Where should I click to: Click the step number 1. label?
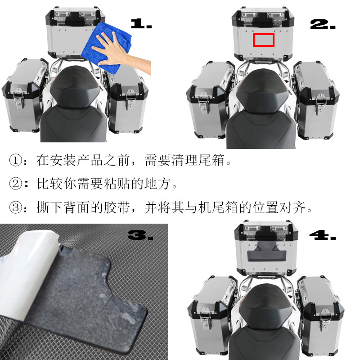[141, 24]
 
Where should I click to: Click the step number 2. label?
[323, 24]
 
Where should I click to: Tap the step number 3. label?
[140, 234]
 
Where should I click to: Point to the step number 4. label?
[323, 234]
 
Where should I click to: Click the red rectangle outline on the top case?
[264, 40]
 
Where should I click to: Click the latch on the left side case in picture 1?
[19, 97]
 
